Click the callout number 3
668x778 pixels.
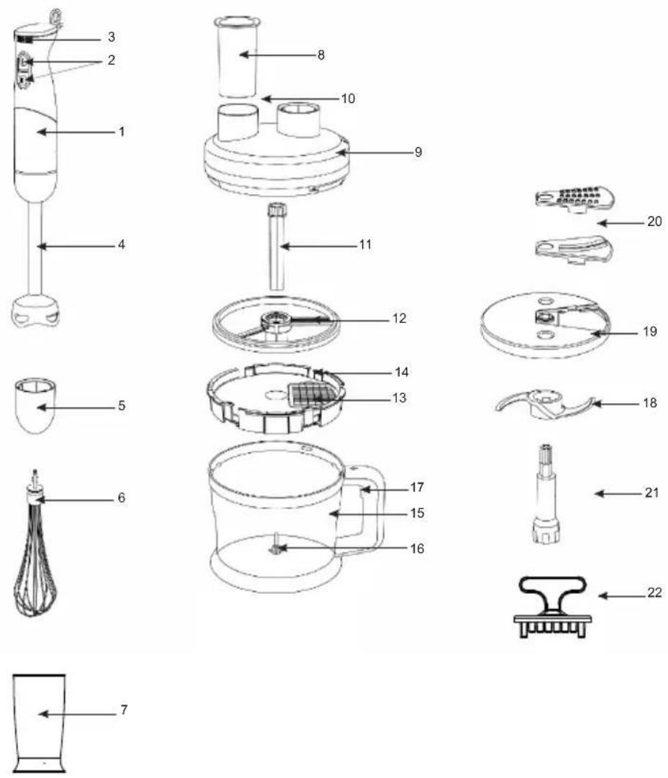pyautogui.click(x=111, y=37)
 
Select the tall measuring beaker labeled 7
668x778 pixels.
pyautogui.click(x=40, y=723)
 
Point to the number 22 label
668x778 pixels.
pyautogui.click(x=654, y=592)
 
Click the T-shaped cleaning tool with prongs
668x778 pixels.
pyautogui.click(x=552, y=606)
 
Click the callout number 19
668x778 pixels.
pyautogui.click(x=649, y=331)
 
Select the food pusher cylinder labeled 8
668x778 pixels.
pyautogui.click(x=238, y=57)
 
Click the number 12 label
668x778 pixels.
pyautogui.click(x=399, y=318)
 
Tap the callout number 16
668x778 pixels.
pyautogui.click(x=417, y=549)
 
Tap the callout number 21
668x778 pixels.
pyautogui.click(x=651, y=493)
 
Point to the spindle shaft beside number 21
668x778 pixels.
pyautogui.click(x=546, y=494)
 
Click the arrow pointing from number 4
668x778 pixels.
pyautogui.click(x=76, y=245)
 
